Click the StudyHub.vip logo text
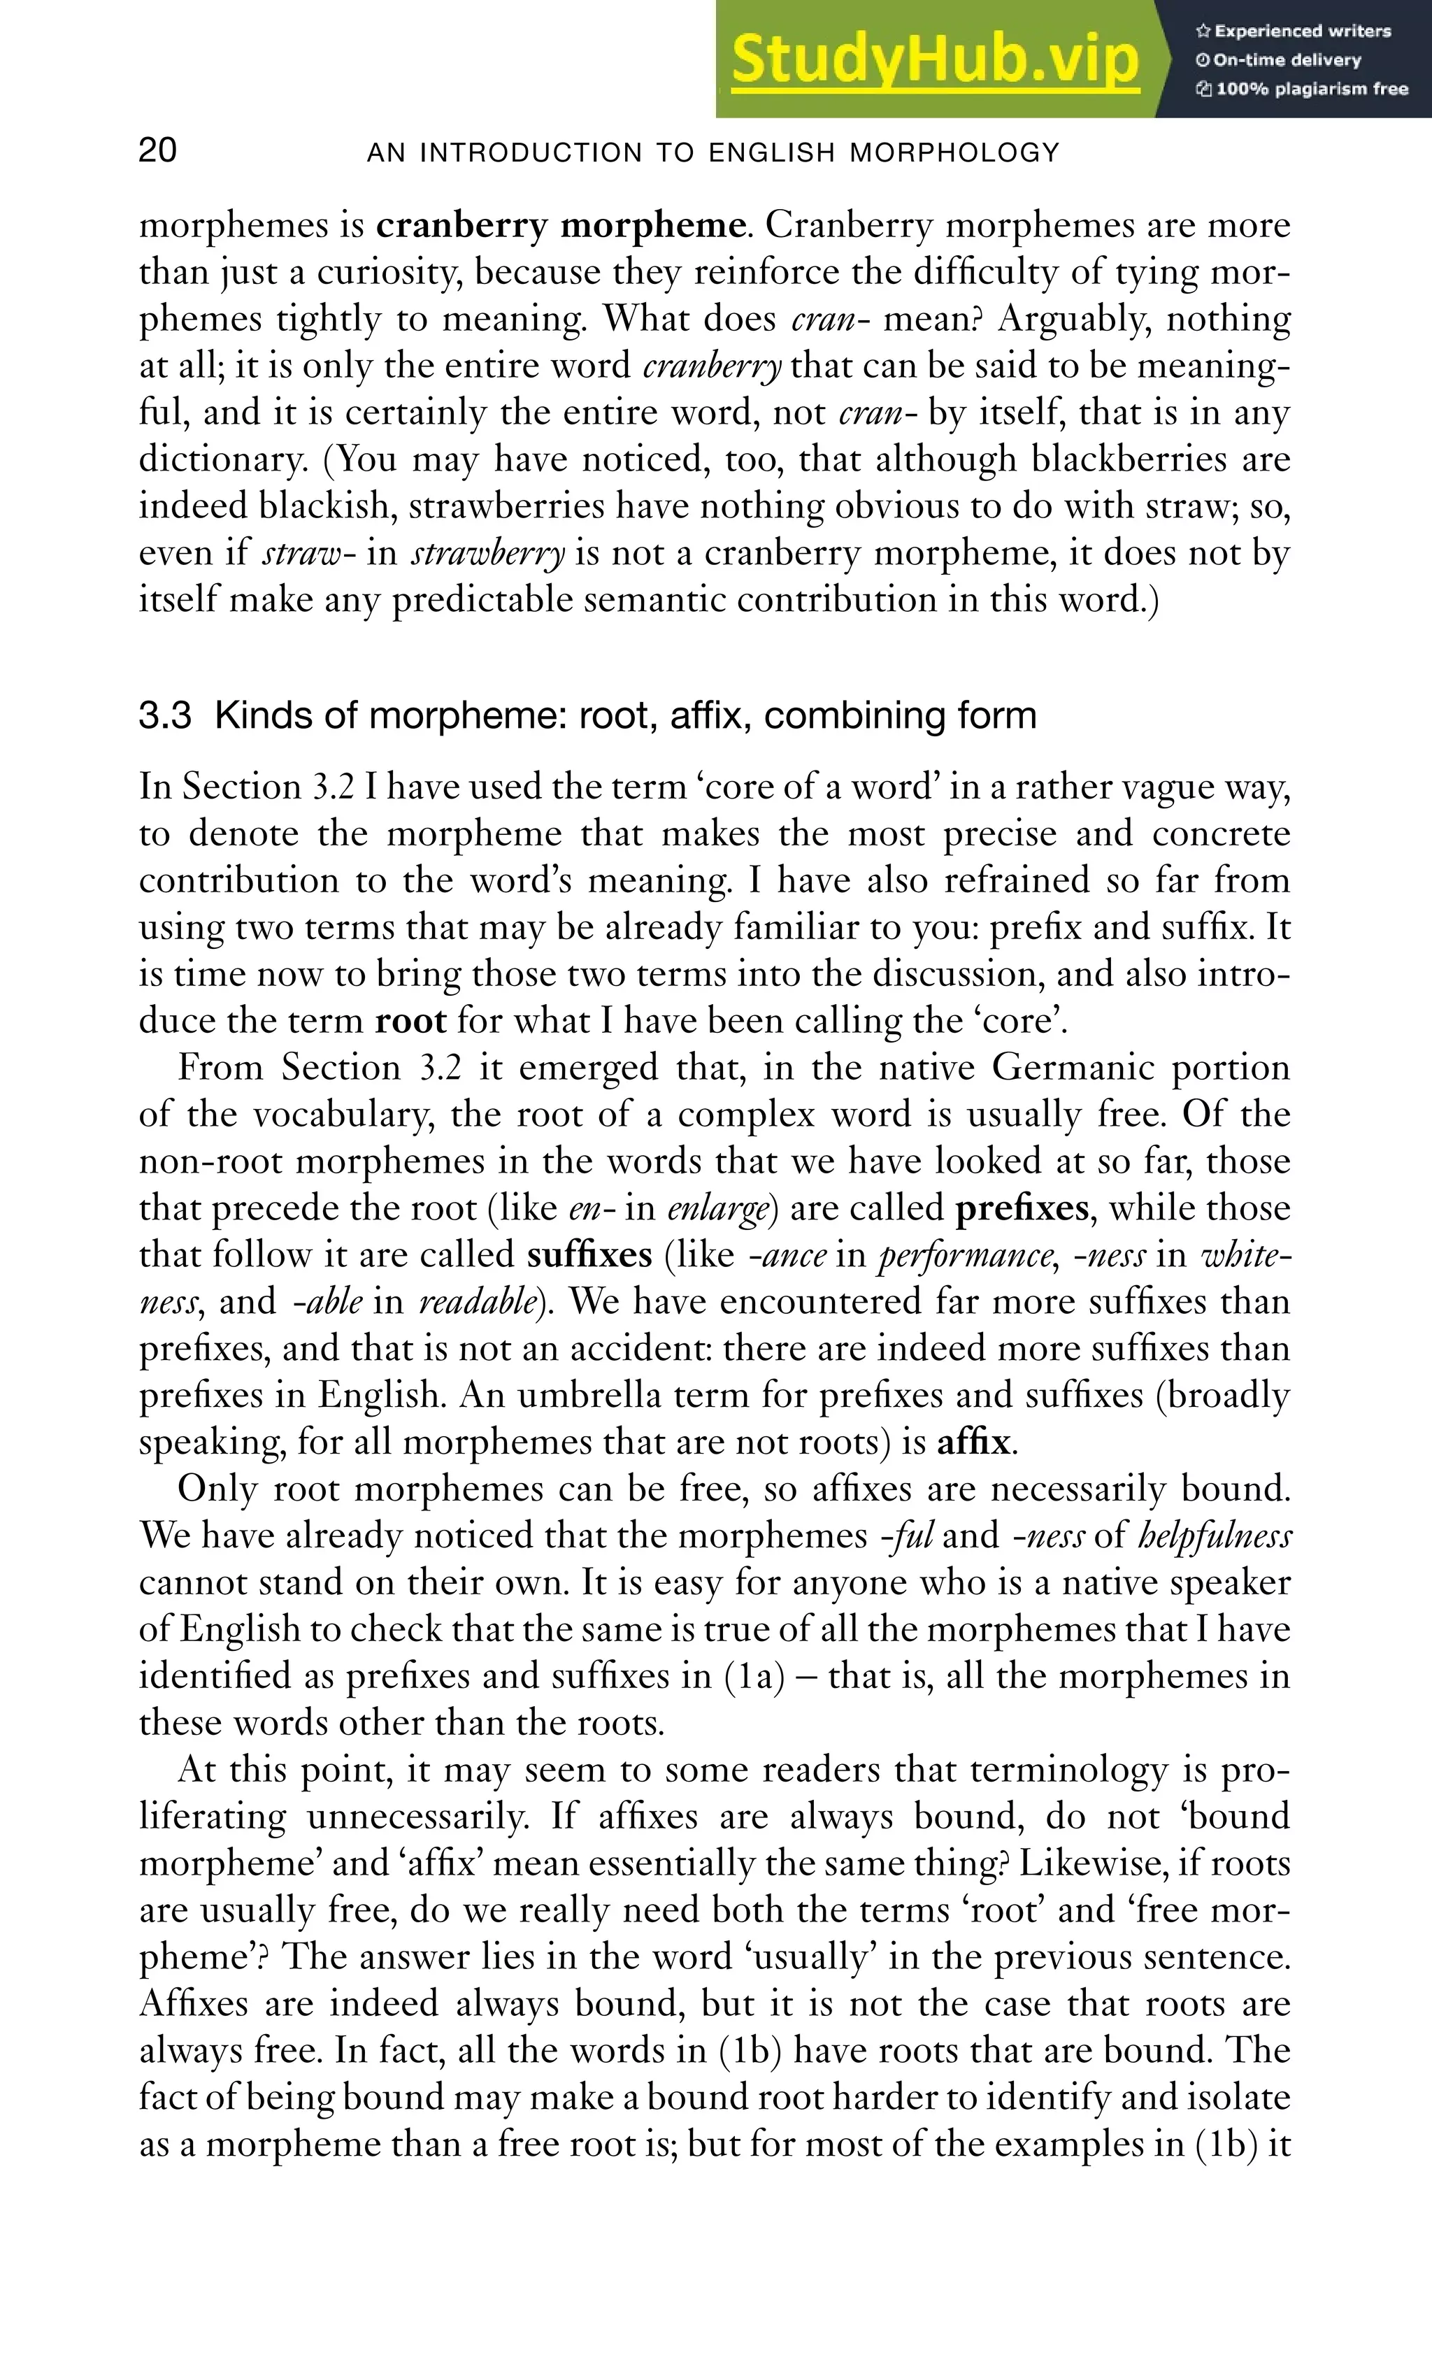pos(936,60)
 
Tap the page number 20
pos(157,152)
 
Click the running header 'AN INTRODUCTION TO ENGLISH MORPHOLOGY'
pos(714,152)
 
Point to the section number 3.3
pos(165,715)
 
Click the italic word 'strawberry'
pos(488,554)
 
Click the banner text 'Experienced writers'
pos(1302,31)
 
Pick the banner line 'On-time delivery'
pos(1287,60)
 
